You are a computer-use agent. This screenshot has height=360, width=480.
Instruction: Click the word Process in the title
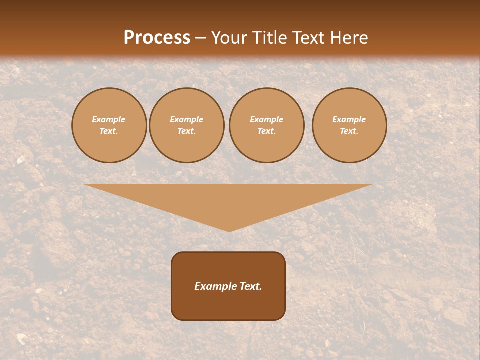pos(157,38)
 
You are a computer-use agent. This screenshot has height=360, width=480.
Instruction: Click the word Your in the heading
pos(228,38)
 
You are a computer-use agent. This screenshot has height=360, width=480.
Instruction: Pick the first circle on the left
pos(109,125)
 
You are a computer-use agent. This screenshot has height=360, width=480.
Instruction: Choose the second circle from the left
pos(187,125)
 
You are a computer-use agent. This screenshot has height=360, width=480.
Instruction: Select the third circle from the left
pos(266,125)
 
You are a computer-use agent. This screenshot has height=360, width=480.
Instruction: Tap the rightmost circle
pos(349,125)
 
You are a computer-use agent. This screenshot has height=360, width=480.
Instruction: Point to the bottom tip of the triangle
pos(229,231)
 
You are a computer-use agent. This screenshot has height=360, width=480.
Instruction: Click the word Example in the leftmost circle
pos(109,119)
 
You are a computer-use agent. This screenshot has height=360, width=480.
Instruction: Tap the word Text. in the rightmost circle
pos(349,131)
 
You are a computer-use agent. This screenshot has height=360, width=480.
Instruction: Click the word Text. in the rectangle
pos(249,286)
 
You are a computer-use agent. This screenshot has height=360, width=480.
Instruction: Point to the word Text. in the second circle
pos(187,131)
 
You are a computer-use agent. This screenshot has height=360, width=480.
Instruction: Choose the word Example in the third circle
pos(266,119)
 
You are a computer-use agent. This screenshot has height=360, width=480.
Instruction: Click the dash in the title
pos(201,38)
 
